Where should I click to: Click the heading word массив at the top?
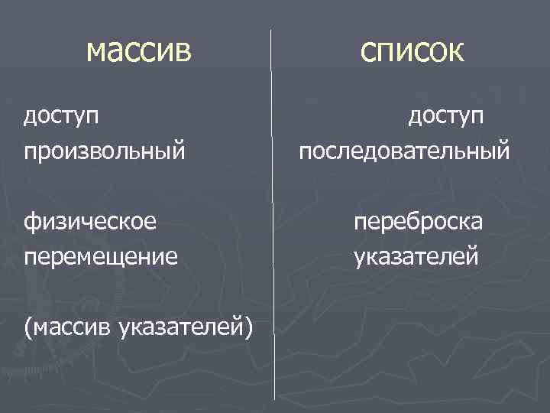click(x=139, y=51)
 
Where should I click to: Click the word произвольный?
click(x=104, y=150)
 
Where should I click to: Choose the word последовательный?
click(x=404, y=150)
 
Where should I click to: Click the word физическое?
click(x=90, y=222)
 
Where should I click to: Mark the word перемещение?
click(x=101, y=255)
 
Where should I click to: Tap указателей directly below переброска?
click(x=417, y=255)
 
